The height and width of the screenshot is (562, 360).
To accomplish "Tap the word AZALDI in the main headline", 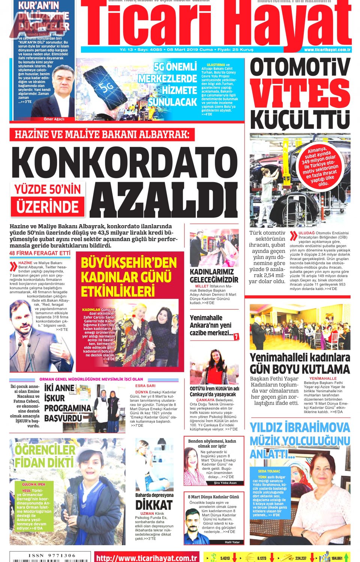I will [163, 200].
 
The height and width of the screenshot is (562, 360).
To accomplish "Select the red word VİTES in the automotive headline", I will [300, 93].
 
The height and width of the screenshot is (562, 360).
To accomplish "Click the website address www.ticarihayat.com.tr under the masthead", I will [327, 49].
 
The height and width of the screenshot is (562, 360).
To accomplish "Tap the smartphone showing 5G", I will [106, 89].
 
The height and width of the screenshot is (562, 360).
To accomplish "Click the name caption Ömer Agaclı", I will [54, 119].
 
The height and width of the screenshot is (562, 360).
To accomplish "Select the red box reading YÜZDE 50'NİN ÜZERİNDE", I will [48, 199].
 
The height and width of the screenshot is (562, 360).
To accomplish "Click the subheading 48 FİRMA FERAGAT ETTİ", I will [40, 253].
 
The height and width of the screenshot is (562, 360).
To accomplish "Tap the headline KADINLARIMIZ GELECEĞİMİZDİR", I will [214, 276].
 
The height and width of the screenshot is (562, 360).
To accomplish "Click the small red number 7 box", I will [236, 337].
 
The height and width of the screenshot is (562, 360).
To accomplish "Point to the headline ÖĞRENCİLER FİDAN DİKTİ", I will [45, 456].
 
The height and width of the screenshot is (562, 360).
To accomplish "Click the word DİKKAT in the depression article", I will [154, 505].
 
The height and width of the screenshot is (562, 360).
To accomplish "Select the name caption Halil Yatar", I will [232, 542].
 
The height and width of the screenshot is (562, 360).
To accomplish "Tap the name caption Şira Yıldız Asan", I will [225, 483].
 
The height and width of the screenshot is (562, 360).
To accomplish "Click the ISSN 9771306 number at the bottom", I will [52, 556].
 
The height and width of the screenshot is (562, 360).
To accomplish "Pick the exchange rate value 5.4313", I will [225, 558].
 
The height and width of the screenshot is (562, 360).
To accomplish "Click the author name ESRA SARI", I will [145, 386].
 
